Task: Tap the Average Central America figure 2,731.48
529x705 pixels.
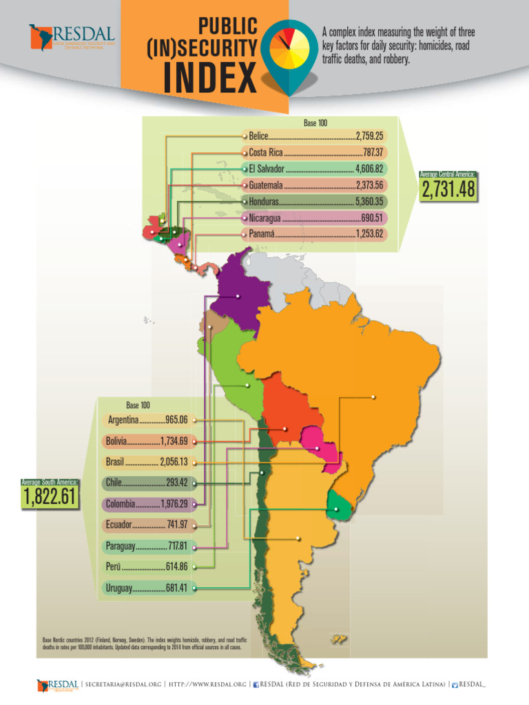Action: (x=449, y=190)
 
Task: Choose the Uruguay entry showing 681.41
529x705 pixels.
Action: (x=149, y=588)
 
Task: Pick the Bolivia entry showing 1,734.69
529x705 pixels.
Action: (x=149, y=440)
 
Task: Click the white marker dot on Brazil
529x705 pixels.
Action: (x=373, y=397)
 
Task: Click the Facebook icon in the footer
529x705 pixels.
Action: (x=256, y=684)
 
